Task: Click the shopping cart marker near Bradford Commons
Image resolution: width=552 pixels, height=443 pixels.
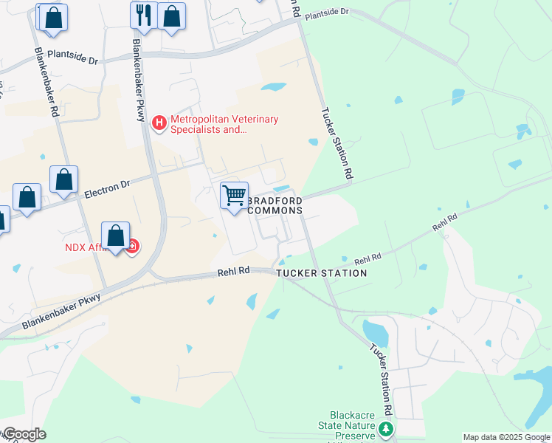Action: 235,196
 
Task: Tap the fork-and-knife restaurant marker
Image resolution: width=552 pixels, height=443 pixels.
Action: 143,16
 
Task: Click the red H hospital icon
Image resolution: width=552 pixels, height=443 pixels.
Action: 158,123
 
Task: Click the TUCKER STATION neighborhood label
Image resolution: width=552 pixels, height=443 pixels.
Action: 322,273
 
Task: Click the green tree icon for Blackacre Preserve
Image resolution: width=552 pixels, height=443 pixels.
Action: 384,428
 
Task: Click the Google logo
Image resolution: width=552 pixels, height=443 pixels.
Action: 24,434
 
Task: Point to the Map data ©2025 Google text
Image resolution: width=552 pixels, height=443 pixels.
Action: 506,437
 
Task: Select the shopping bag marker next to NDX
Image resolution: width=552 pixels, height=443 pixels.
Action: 116,236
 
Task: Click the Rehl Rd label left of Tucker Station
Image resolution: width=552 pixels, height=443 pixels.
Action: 234,272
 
